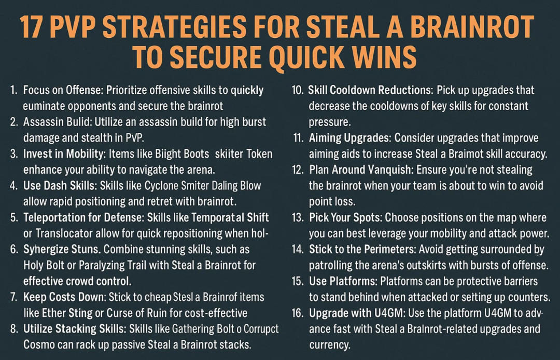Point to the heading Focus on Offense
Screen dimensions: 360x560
coord(63,90)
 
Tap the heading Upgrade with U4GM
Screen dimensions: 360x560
coord(356,313)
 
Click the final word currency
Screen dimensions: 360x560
coord(330,344)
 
